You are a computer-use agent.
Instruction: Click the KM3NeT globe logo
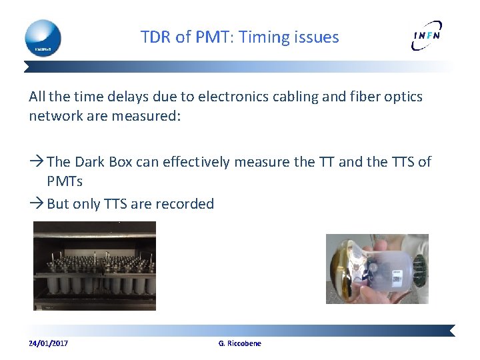43,37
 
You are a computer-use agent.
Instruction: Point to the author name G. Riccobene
240,343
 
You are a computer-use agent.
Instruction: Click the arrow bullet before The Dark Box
37,162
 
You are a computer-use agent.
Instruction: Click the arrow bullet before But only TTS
37,204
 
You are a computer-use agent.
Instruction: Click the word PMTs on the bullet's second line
65,181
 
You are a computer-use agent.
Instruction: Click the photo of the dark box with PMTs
95,266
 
